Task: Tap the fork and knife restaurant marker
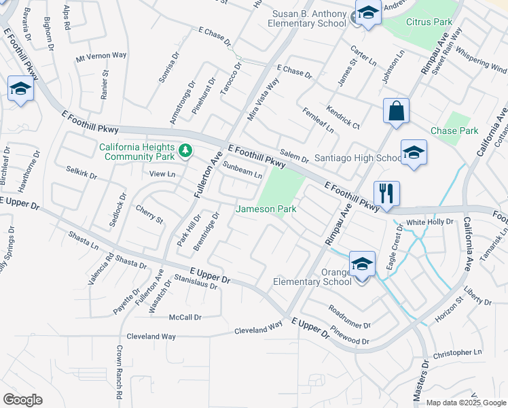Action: (x=386, y=192)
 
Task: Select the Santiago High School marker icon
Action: (x=413, y=154)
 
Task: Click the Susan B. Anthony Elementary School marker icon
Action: (x=367, y=14)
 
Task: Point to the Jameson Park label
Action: (x=266, y=209)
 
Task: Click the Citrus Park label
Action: (x=429, y=22)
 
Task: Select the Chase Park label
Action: (x=454, y=131)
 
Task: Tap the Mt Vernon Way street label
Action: (x=101, y=56)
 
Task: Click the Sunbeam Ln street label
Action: (x=242, y=170)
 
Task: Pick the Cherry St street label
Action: (x=149, y=214)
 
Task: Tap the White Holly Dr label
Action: (x=429, y=222)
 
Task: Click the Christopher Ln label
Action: (x=456, y=353)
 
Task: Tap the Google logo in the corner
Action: (x=22, y=400)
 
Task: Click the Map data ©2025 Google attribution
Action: (x=466, y=403)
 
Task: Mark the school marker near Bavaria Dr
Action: (x=20, y=89)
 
